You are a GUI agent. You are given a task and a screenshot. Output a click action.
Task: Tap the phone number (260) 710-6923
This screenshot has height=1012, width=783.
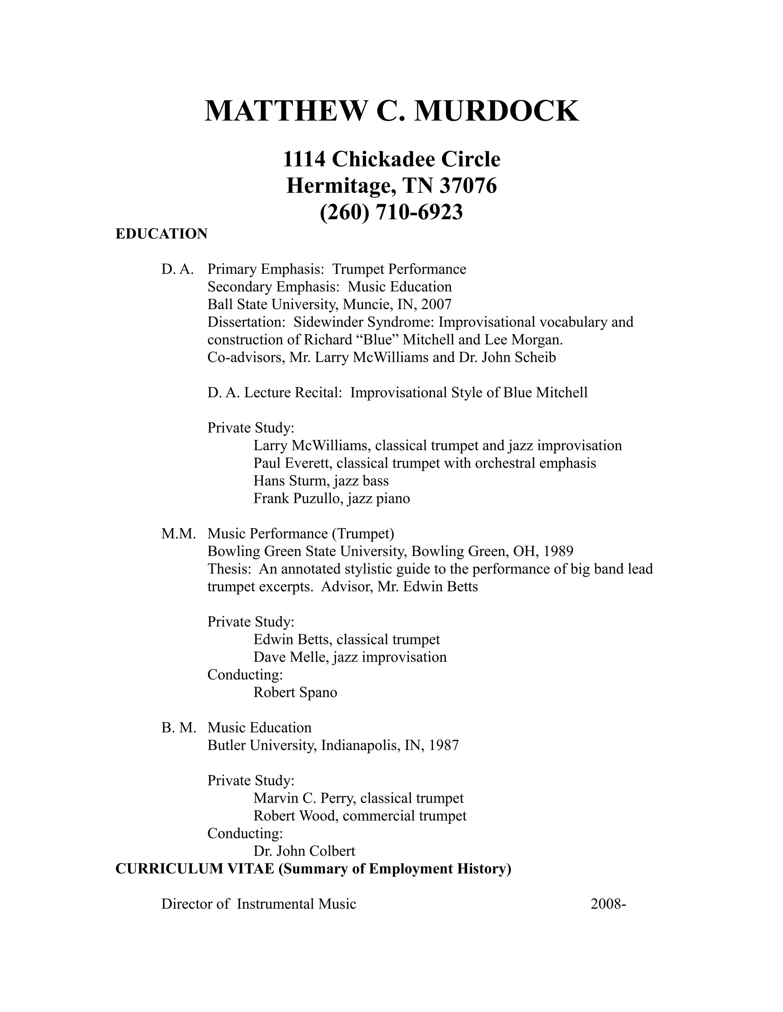click(x=391, y=212)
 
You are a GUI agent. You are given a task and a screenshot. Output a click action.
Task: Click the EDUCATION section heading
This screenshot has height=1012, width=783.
click(x=161, y=234)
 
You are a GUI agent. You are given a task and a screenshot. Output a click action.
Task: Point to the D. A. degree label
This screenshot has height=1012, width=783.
click(x=177, y=269)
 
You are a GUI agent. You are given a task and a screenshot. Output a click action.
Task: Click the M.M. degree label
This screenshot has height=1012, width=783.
click(x=178, y=534)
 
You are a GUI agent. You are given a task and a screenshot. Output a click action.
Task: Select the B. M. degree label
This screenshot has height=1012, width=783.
click(x=179, y=727)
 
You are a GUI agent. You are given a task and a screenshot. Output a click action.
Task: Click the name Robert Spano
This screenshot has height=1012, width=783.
click(x=295, y=692)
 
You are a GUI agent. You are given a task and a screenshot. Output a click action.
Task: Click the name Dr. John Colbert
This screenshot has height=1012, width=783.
click(x=304, y=851)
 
